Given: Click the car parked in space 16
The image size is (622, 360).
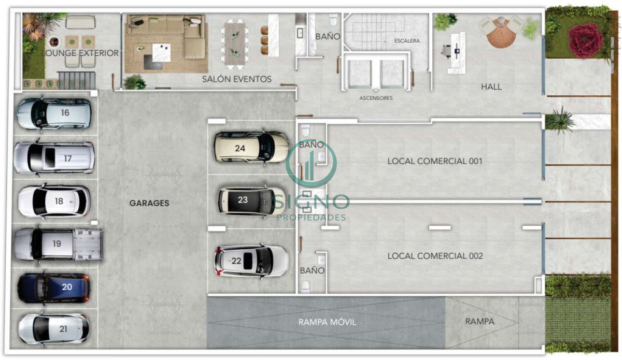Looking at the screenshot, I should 54,113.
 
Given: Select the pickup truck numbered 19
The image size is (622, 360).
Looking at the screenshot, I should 58,244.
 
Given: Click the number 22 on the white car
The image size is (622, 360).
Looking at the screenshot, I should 236,261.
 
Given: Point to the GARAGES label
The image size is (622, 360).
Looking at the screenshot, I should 149,204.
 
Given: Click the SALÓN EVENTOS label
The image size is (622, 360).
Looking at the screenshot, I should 237,79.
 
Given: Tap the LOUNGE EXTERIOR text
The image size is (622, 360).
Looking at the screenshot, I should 80,53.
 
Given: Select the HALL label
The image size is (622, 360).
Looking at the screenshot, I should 491,87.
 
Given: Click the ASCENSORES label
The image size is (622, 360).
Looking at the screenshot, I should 376,98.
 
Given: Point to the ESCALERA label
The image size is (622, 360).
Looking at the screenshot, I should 407,40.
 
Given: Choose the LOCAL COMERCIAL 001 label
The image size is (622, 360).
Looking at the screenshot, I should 435,161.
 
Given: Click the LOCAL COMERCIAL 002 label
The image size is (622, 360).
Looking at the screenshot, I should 435,256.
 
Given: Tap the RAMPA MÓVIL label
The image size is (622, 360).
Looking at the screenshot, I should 327,322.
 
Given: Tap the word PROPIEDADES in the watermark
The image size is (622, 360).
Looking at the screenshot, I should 311,217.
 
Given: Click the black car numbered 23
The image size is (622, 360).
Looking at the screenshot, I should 246,200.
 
